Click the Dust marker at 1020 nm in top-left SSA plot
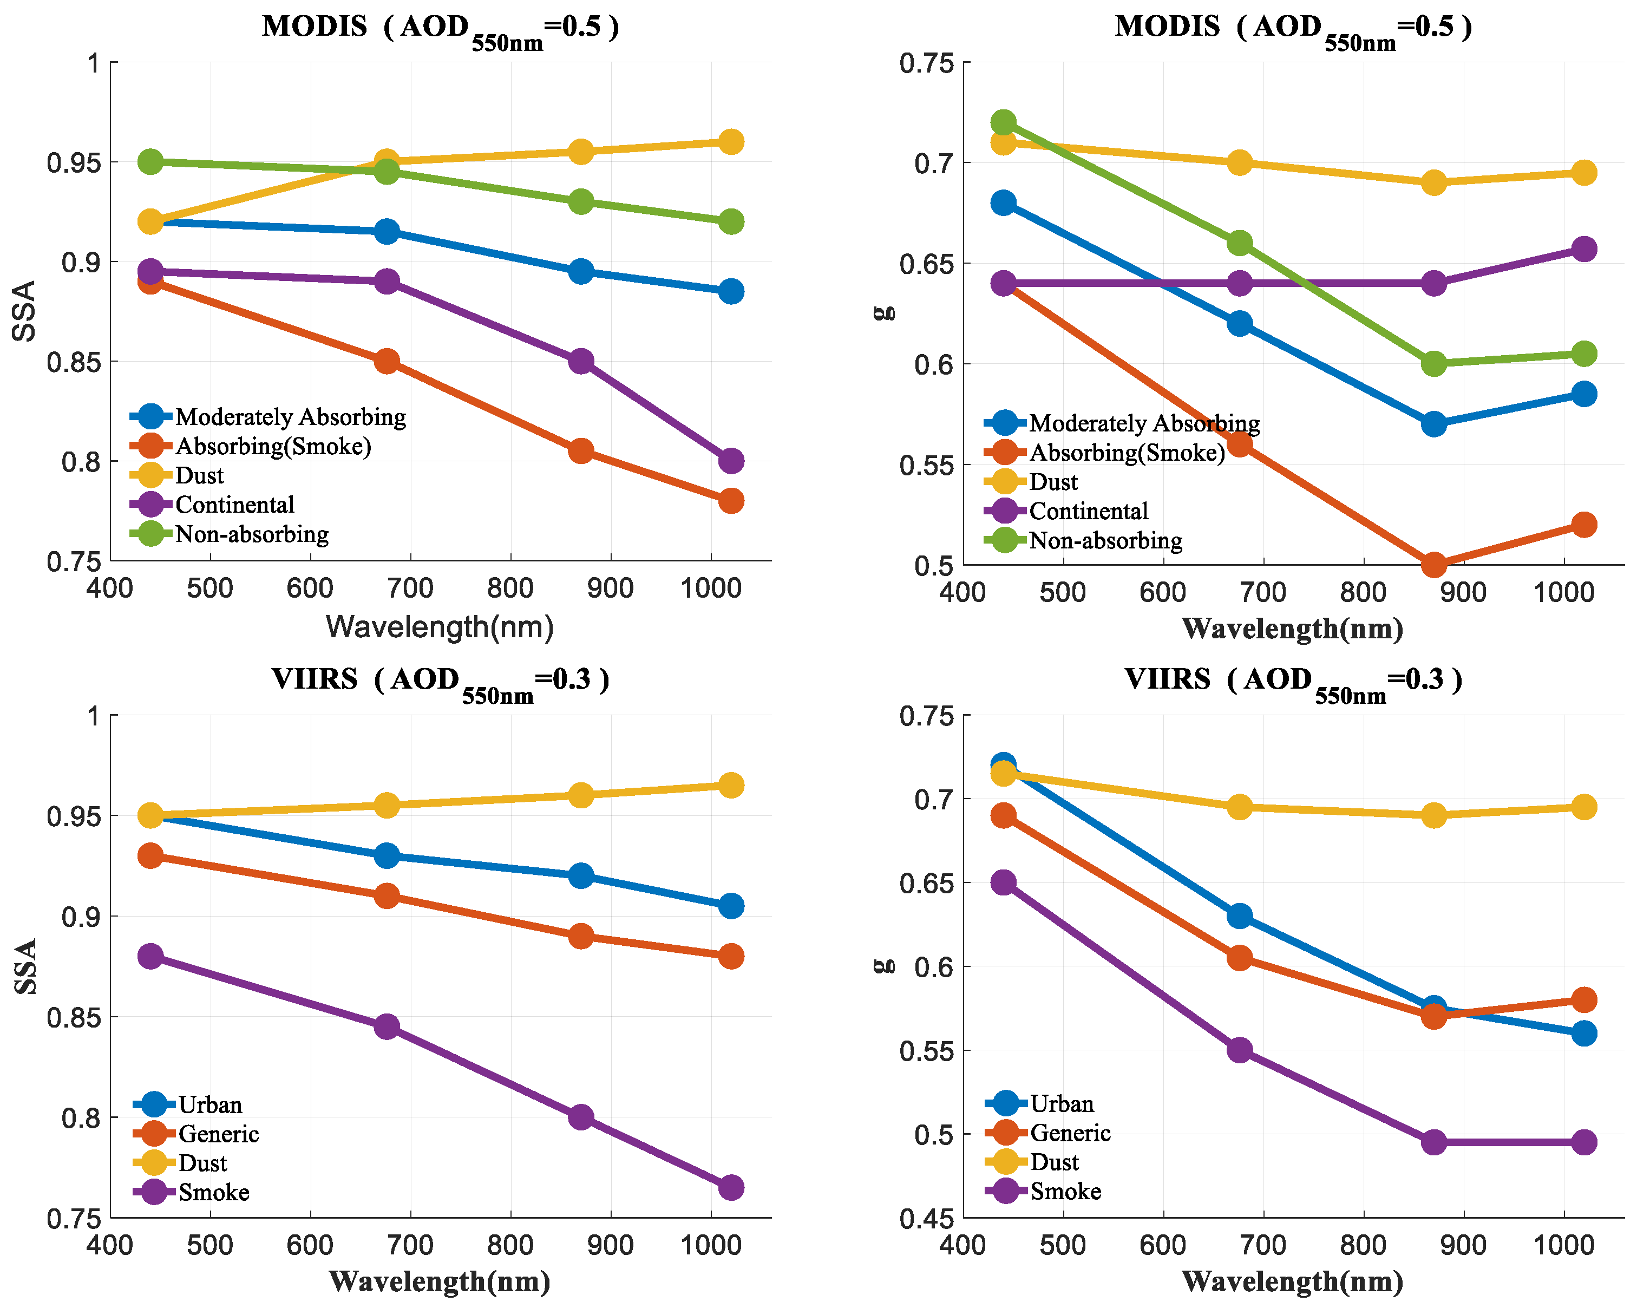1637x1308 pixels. [730, 142]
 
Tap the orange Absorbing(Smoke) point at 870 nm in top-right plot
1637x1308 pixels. [1433, 565]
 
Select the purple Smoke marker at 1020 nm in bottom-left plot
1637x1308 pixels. [730, 1187]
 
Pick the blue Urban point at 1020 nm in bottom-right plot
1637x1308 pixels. [1583, 1033]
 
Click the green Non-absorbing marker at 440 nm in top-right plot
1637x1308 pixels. [1003, 122]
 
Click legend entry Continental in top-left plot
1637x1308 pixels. [234, 505]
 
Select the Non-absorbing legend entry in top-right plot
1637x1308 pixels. [1105, 540]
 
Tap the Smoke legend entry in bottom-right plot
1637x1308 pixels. [1065, 1191]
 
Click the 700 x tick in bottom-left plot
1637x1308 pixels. [410, 1246]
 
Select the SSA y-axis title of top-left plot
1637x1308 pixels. [24, 311]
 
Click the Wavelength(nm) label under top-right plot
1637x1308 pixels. [1292, 629]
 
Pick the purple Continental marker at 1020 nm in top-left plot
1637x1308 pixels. [730, 461]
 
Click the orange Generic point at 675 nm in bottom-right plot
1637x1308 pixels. [1239, 958]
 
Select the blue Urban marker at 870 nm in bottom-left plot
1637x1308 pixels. [581, 875]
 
